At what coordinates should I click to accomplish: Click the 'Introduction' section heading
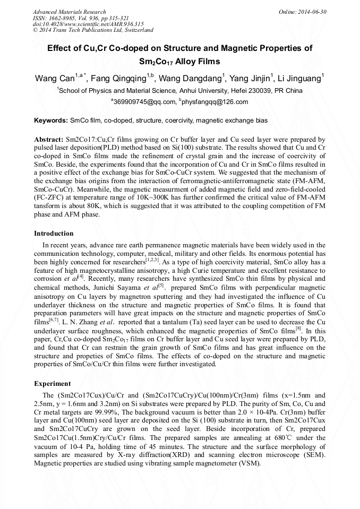(54, 234)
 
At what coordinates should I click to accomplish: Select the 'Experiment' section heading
(53, 383)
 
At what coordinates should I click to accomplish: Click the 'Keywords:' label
(51, 121)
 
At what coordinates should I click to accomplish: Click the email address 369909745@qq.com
(143, 102)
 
